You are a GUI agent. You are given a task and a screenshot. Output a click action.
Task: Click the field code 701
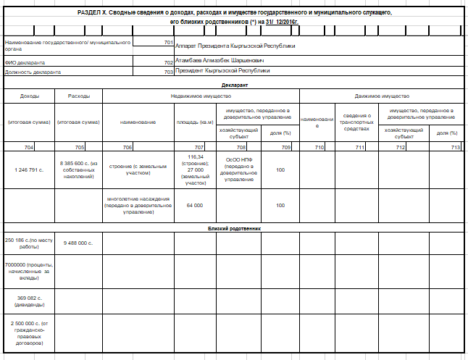(x=168, y=43)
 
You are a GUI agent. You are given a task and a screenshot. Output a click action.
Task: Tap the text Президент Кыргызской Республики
(x=222, y=71)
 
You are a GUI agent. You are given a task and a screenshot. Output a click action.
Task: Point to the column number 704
(x=28, y=147)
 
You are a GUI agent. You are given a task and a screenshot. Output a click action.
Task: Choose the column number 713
(x=455, y=147)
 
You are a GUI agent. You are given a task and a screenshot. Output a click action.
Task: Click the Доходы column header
(x=29, y=96)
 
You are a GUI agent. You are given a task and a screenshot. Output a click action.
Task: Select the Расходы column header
(x=78, y=96)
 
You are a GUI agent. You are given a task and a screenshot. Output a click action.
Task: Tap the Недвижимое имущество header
(x=201, y=96)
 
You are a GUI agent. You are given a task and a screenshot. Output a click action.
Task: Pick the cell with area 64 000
(x=194, y=206)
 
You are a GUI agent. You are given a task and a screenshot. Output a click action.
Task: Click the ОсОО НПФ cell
(x=238, y=169)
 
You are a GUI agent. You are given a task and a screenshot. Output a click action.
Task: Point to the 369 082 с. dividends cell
(x=28, y=301)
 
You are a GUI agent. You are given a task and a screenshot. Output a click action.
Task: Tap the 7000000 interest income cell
(x=28, y=271)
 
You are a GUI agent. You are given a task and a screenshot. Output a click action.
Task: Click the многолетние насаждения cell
(x=138, y=206)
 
